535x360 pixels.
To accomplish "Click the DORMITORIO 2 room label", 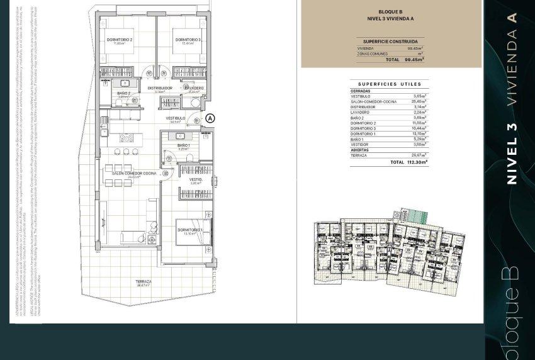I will [120, 40].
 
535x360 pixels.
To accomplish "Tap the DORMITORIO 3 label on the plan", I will [188, 40].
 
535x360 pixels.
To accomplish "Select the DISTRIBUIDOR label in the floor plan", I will [160, 88].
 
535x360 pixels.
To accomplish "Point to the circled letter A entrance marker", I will [210, 118].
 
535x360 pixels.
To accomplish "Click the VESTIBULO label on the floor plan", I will [176, 118].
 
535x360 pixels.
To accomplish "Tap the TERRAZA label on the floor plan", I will [144, 281].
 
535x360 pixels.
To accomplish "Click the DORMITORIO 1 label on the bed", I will [189, 230].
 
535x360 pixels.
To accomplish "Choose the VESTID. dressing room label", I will [196, 179].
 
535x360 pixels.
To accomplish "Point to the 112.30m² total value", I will [416, 162].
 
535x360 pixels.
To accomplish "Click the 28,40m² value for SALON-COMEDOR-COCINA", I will [419, 101].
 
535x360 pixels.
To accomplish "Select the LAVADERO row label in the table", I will [361, 112].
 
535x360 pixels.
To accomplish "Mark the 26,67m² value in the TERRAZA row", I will [419, 155].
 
